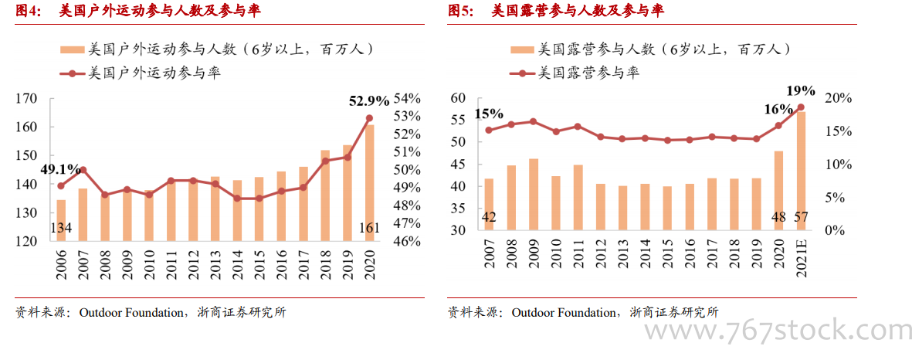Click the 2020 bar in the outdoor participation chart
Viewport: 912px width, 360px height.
(x=369, y=182)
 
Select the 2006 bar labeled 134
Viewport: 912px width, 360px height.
(x=61, y=220)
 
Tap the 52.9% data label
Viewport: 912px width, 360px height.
(x=369, y=100)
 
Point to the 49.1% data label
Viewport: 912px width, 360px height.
(x=61, y=168)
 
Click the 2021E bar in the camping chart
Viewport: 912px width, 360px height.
(x=801, y=170)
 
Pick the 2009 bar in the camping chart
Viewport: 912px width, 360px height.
(x=533, y=194)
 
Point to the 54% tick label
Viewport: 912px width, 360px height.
(x=407, y=99)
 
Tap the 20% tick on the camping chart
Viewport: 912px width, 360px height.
(x=837, y=99)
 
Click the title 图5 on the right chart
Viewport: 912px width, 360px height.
(x=461, y=11)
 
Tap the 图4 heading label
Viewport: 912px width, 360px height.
(x=29, y=11)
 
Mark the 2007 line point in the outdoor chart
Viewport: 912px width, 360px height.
(x=83, y=170)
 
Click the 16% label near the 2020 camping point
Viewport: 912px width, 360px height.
(x=778, y=110)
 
